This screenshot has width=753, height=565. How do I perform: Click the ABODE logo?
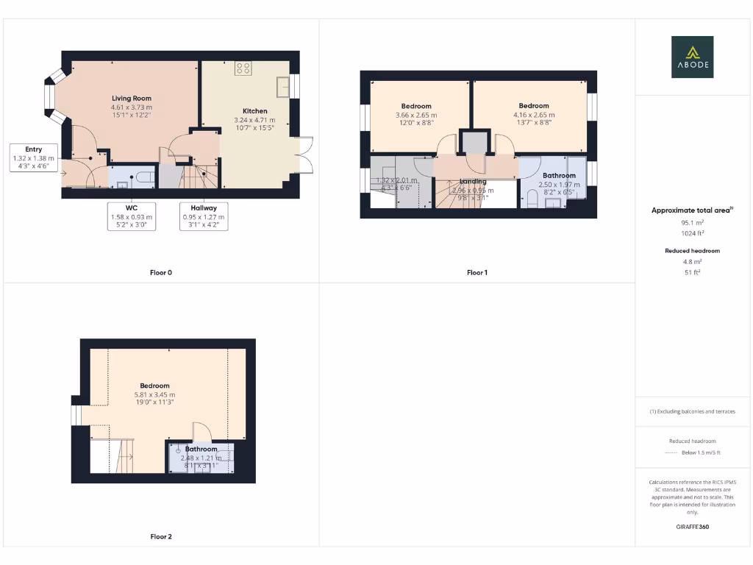(x=692, y=57)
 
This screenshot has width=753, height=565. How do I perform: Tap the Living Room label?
(x=132, y=107)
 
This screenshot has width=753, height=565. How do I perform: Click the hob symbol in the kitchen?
(x=243, y=68)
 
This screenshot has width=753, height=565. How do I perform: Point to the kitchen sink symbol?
(x=282, y=86)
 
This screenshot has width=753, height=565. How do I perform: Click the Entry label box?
(x=33, y=158)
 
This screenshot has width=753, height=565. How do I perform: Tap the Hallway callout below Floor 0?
(x=204, y=216)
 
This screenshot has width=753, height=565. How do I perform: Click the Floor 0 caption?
(x=160, y=273)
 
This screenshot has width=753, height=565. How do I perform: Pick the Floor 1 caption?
(x=477, y=273)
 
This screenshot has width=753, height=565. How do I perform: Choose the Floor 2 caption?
(x=160, y=537)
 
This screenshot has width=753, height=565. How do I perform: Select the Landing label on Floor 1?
(x=473, y=182)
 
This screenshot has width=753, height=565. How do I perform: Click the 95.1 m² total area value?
(x=691, y=221)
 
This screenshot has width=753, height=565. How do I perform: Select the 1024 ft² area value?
(x=691, y=233)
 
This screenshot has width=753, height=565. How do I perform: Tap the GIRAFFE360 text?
(x=691, y=527)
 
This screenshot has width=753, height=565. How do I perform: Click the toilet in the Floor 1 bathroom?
(x=531, y=199)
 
